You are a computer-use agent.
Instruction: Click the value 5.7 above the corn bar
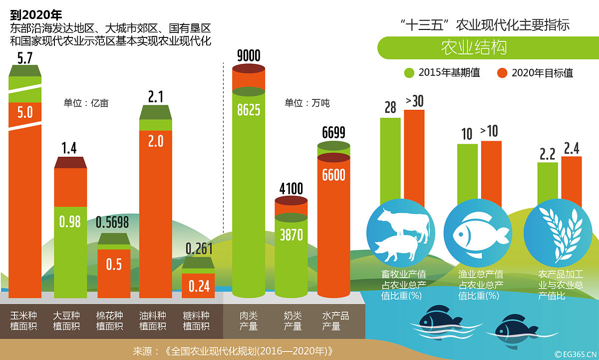(x=24, y=58)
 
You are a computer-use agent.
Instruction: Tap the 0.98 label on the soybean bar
(x=70, y=221)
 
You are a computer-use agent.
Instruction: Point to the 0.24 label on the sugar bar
(x=198, y=286)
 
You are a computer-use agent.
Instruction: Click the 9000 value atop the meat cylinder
(x=249, y=55)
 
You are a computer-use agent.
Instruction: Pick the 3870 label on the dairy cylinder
(x=291, y=234)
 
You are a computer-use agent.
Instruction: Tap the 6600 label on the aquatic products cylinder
(x=333, y=175)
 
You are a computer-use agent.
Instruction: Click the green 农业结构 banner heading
(x=474, y=47)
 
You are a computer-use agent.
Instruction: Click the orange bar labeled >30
(x=414, y=155)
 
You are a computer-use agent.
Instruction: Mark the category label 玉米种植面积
(x=24, y=321)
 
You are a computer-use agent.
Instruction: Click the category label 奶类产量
(x=293, y=321)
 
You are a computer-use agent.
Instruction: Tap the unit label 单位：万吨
(x=307, y=103)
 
